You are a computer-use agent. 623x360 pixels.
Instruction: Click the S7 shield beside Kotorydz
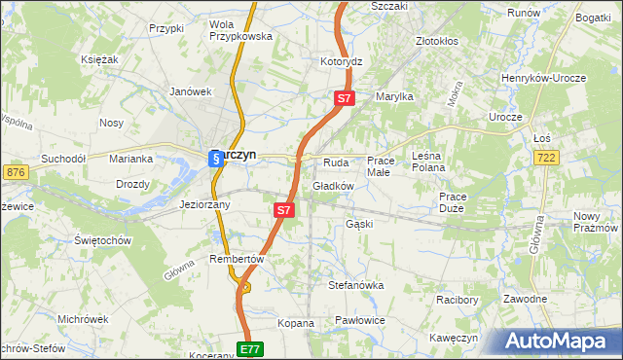(x=346, y=98)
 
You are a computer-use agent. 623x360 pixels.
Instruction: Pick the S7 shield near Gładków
(x=283, y=209)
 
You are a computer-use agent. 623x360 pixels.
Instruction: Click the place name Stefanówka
(x=356, y=286)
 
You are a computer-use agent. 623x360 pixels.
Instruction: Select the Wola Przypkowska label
(x=240, y=29)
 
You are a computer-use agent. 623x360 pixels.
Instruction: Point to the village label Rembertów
(x=238, y=259)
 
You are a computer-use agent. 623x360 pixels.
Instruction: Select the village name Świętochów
(x=102, y=239)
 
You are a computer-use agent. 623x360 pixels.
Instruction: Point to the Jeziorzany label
(x=205, y=205)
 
